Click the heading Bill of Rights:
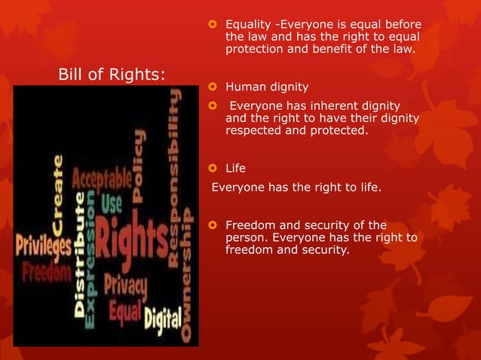pyautogui.click(x=112, y=75)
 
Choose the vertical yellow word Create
pyautogui.click(x=58, y=188)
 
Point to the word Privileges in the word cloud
pyautogui.click(x=41, y=246)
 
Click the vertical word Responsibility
pyautogui.click(x=175, y=176)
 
